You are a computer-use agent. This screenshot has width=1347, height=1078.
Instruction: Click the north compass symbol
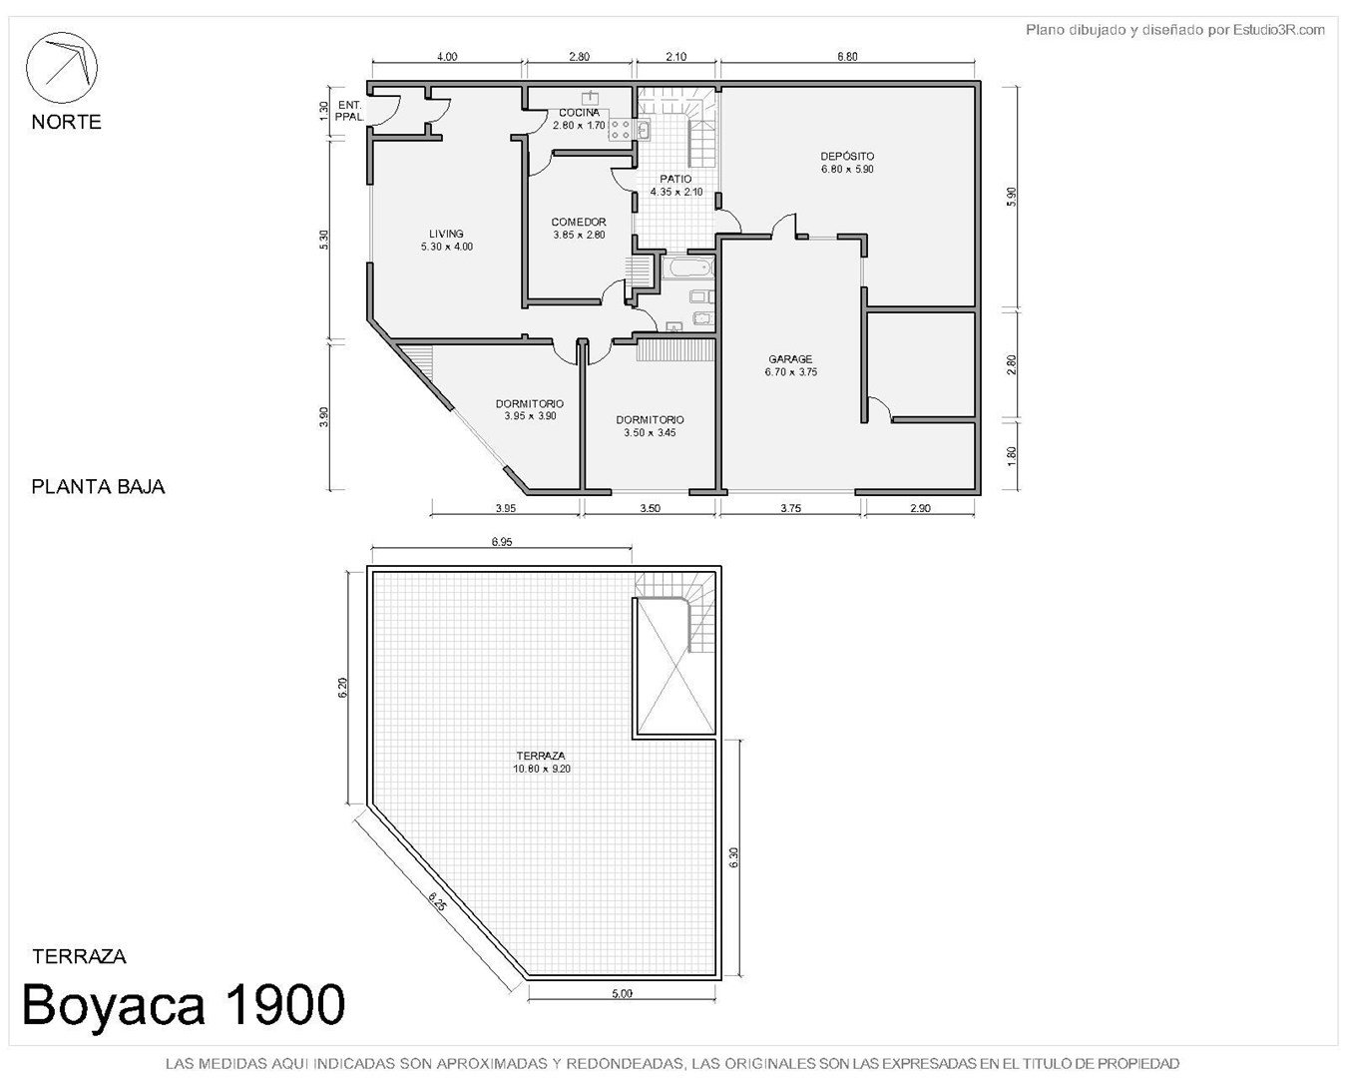click(61, 67)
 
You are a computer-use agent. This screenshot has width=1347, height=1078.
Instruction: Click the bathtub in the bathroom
click(687, 268)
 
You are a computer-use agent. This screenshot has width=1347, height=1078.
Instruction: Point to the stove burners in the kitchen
click(620, 131)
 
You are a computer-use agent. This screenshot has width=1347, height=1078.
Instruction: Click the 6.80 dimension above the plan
click(847, 56)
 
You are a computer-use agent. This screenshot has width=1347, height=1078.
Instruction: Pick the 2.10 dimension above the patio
click(676, 56)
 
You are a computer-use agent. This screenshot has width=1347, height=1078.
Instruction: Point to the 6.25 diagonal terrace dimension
click(438, 904)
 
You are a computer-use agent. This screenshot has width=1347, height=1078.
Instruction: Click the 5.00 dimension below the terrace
click(622, 993)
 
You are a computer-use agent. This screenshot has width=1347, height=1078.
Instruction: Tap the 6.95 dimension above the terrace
click(501, 542)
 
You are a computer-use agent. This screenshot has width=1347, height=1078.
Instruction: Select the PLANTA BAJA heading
click(98, 487)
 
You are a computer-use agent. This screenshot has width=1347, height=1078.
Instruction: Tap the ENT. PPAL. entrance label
click(348, 111)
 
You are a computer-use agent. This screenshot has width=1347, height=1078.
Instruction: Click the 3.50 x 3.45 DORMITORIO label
click(650, 426)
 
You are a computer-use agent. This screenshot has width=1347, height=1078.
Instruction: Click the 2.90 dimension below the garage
click(920, 508)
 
